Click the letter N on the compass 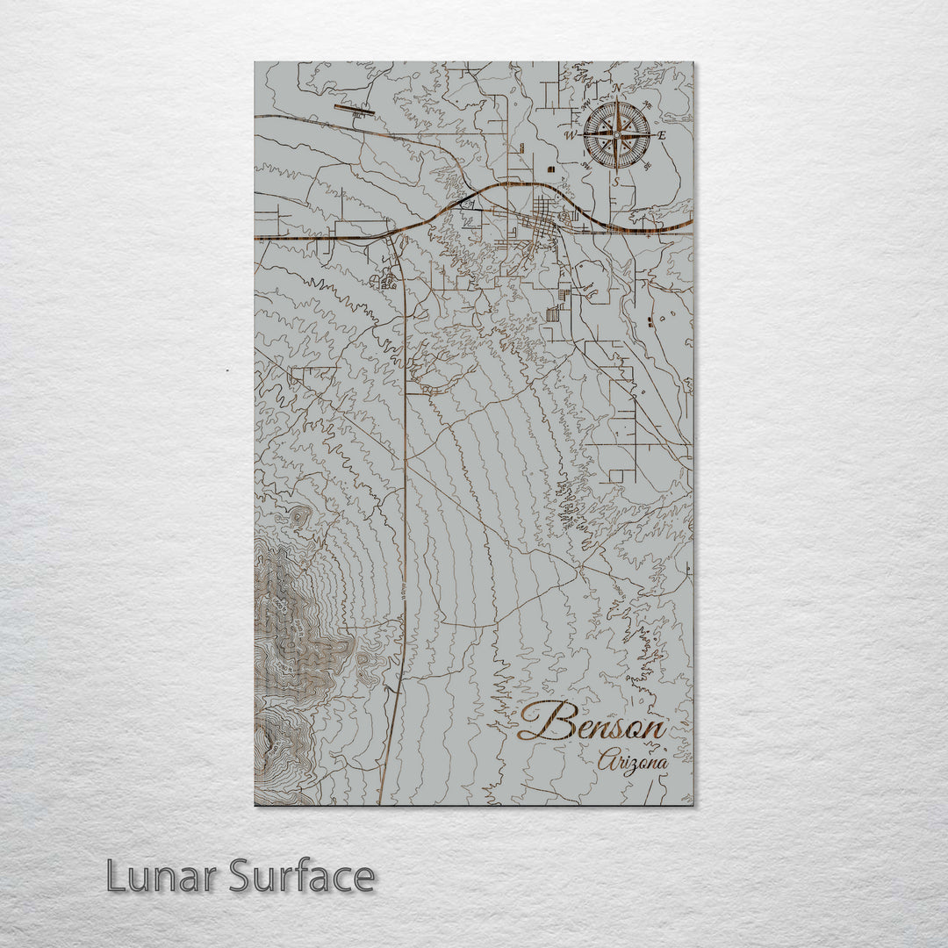click(618, 89)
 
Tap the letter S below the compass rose click(616, 182)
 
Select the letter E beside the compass click(662, 135)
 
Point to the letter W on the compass click(569, 135)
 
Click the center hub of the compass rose click(616, 135)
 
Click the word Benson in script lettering click(592, 725)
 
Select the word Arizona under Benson click(632, 762)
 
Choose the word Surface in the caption click(302, 876)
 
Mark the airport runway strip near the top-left click(354, 110)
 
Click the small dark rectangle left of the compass click(551, 168)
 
